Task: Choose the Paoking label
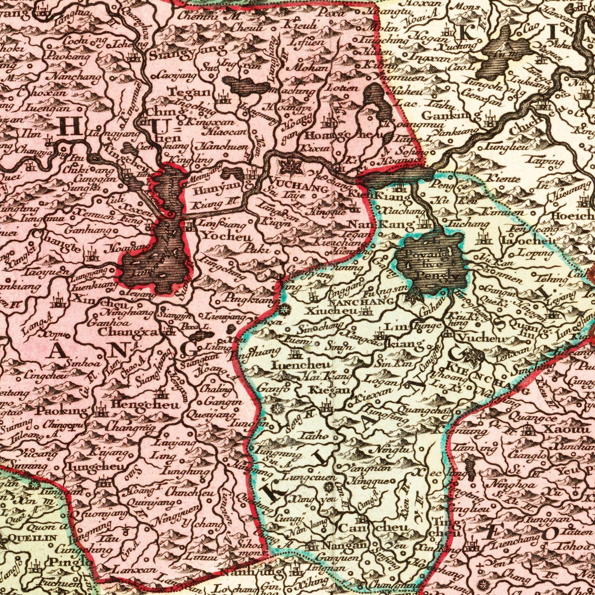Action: [62, 411]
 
